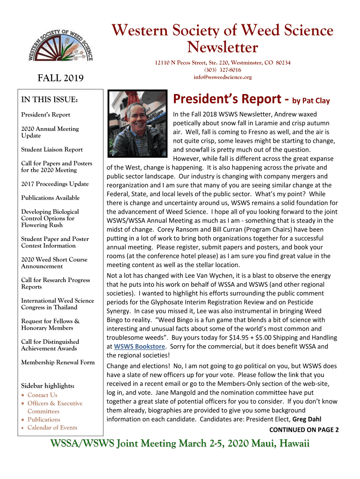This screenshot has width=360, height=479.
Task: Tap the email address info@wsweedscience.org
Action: [x=222, y=77]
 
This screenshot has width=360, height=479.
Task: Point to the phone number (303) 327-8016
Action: [x=223, y=70]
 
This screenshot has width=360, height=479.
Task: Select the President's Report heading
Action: [x=229, y=99]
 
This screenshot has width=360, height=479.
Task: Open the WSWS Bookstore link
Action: [x=139, y=347]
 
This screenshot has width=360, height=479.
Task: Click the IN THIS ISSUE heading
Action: [x=49, y=100]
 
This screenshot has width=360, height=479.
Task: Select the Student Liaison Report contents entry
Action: [x=52, y=150]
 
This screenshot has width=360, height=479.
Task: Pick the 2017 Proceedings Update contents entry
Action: [x=55, y=184]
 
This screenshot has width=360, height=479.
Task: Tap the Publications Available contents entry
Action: [x=50, y=198]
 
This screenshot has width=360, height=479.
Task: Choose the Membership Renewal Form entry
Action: [x=58, y=363]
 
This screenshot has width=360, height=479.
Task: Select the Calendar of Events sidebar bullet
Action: [x=52, y=428]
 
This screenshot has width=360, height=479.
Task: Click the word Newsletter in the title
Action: [x=222, y=47]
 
